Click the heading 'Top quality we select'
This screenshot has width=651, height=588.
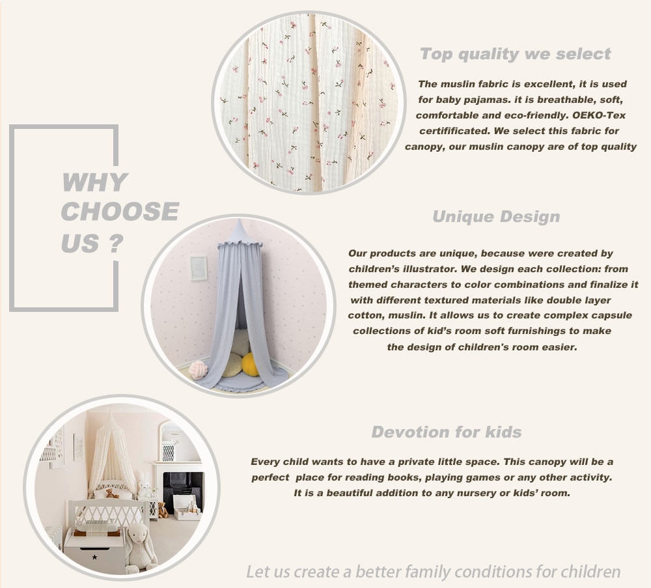tap(515, 54)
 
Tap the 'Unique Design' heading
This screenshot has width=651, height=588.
tap(496, 216)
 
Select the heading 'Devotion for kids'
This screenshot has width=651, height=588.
tap(447, 432)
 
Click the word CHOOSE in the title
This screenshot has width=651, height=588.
tap(120, 212)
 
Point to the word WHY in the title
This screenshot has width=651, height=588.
tap(94, 182)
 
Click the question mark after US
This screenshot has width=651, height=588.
tap(117, 244)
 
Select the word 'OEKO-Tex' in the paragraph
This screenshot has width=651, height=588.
tap(599, 115)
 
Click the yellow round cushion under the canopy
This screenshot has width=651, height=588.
tap(250, 364)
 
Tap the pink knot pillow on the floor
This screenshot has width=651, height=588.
tap(198, 369)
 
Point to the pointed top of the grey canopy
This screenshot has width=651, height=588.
tap(240, 220)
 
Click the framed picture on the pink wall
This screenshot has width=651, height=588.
tap(199, 268)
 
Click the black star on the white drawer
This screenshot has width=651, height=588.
tap(94, 557)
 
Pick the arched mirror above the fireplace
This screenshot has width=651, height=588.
tap(170, 442)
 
